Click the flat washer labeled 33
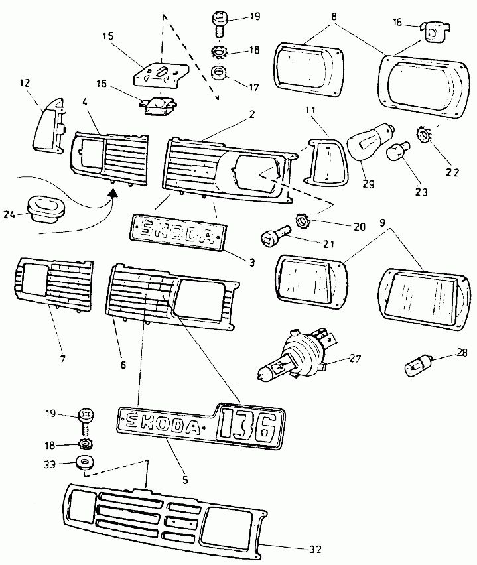click(x=84, y=462)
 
